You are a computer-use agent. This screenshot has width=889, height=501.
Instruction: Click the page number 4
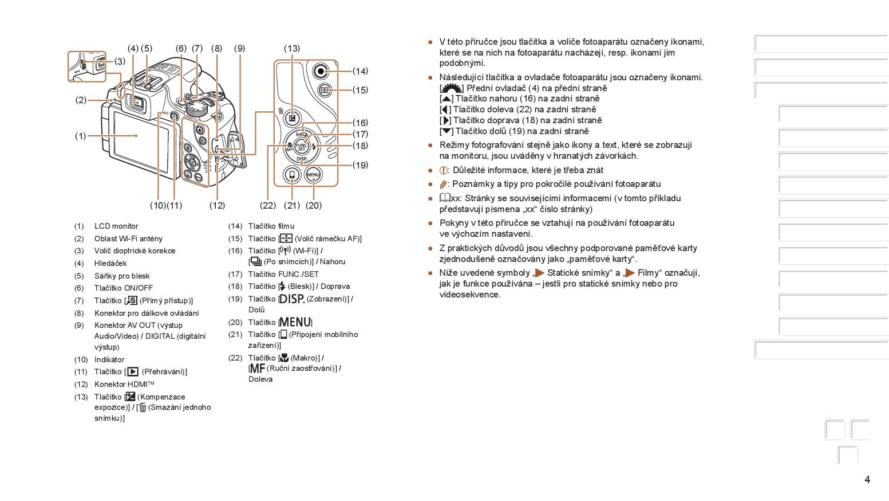(x=867, y=480)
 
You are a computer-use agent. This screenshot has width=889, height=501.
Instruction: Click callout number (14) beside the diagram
(x=360, y=71)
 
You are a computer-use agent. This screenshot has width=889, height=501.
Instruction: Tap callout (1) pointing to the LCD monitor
(x=80, y=136)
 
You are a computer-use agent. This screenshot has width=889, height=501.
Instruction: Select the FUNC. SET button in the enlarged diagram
(x=302, y=146)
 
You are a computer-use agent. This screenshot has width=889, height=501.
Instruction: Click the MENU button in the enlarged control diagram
(x=313, y=174)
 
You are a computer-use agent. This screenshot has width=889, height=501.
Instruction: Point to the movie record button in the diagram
(x=322, y=71)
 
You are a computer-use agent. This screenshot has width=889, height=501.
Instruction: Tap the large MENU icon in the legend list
(x=295, y=323)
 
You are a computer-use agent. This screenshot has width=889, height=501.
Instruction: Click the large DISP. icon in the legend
(x=292, y=299)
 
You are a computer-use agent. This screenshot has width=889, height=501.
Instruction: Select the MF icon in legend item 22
(x=257, y=368)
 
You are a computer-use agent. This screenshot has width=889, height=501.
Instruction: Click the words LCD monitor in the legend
(x=116, y=226)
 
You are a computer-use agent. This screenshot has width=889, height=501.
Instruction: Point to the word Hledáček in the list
(x=110, y=264)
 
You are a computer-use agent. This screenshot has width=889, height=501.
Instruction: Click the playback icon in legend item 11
(x=133, y=371)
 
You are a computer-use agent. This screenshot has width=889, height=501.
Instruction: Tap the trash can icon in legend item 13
(x=143, y=408)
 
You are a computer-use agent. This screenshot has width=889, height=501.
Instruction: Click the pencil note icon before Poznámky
(x=443, y=185)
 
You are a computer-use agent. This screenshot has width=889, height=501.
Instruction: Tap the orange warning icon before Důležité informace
(x=443, y=170)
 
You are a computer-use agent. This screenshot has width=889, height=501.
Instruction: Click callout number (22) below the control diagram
(x=268, y=205)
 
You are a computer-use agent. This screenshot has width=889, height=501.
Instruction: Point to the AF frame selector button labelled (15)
(x=325, y=90)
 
